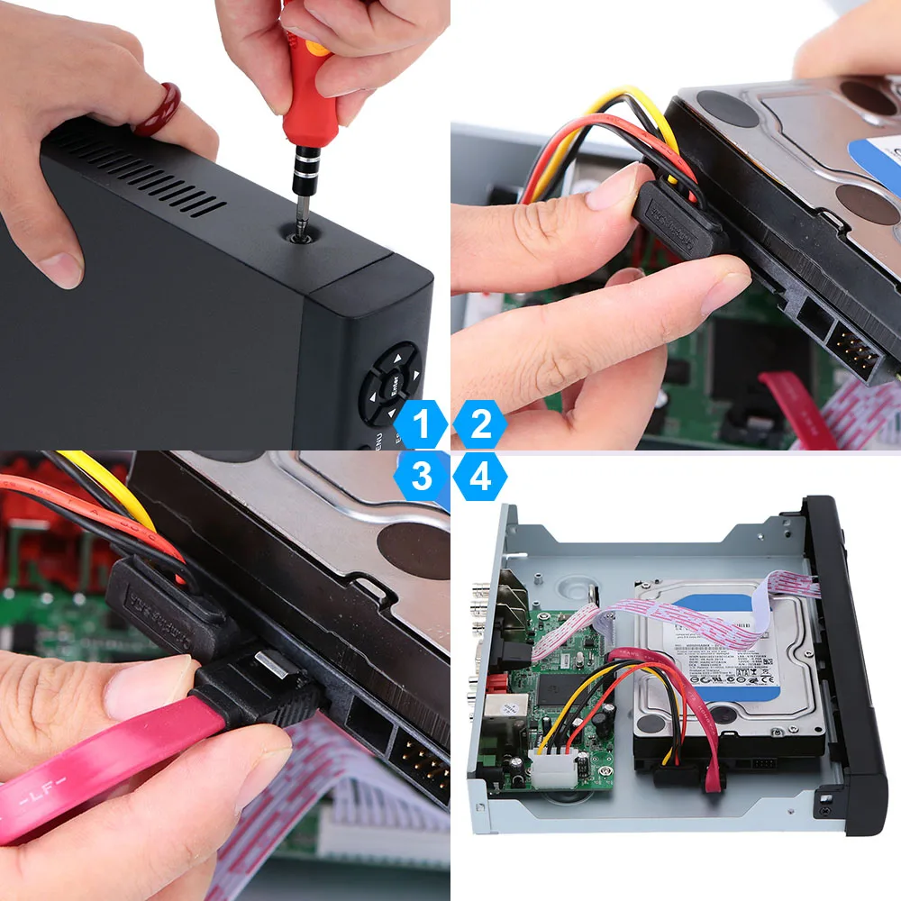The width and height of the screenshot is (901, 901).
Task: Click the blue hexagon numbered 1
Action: point(421,424)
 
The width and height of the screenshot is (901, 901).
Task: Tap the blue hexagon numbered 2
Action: point(480,424)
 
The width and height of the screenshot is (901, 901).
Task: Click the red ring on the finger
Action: point(159,109)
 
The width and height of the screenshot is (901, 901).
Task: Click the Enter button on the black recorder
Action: point(393,384)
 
